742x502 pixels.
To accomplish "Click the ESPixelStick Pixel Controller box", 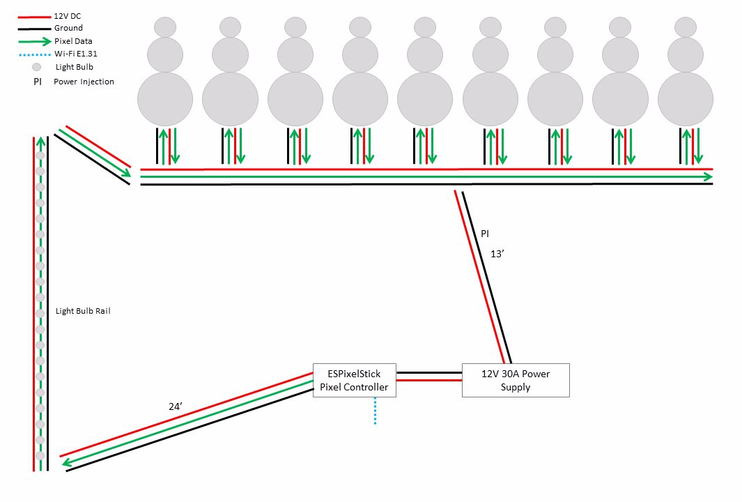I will click(354, 380).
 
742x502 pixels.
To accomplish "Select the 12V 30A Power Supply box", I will click(516, 380).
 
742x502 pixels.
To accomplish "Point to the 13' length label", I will click(497, 254).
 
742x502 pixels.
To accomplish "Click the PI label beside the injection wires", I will click(485, 234).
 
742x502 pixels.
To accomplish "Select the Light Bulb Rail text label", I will click(83, 311).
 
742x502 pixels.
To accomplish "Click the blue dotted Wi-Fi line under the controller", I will click(375, 411).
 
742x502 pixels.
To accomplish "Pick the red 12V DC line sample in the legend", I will click(34, 15).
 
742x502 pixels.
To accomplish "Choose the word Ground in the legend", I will click(68, 28).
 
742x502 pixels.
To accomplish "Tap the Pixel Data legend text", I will click(73, 41).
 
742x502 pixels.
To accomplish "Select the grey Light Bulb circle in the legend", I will click(37, 67).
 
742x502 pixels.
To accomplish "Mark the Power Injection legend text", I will click(84, 82).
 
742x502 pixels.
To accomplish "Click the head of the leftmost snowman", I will click(164, 27).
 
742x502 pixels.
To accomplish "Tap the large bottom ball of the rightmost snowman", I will click(685, 99).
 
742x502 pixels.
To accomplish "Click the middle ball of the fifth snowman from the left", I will click(425, 54).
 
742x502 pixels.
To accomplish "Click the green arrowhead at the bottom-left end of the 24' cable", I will click(66, 460).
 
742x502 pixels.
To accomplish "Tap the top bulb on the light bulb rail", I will click(40, 155).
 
